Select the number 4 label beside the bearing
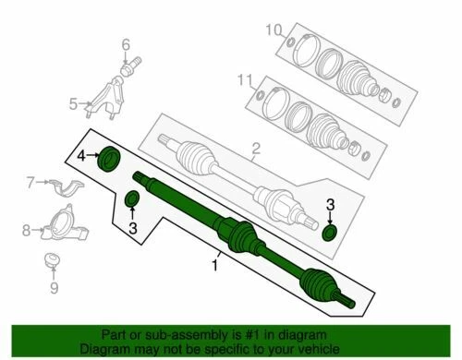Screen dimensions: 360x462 tap(81, 154)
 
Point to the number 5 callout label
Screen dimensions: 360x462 tap(74, 104)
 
